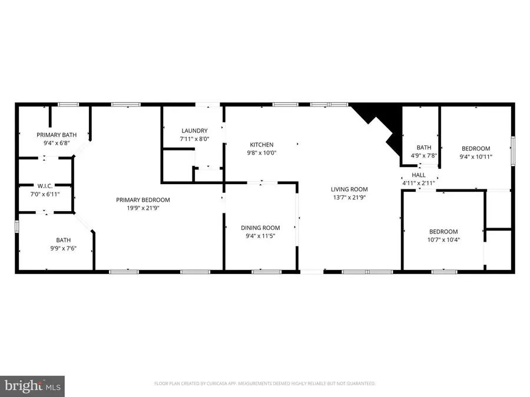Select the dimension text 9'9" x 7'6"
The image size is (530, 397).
coord(63,248)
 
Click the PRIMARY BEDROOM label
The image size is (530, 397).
coord(143,200)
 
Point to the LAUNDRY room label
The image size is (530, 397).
coord(194,131)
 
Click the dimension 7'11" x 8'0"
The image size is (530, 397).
coord(194,139)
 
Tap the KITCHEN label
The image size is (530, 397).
coord(261,145)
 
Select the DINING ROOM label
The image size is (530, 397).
coord(260,228)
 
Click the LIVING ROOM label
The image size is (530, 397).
coord(349,189)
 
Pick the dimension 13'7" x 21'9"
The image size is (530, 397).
coord(349,198)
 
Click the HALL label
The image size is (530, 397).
coord(418,175)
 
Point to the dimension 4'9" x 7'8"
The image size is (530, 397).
coord(423,156)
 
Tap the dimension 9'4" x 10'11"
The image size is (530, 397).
coord(476,156)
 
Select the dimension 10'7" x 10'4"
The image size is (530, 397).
coord(443,240)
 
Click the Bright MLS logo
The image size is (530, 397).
coord(32,386)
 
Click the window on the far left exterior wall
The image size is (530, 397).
coord(16,226)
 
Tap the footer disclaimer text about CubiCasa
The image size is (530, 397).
coord(264,383)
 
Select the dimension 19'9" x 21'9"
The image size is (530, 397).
coord(143,208)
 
